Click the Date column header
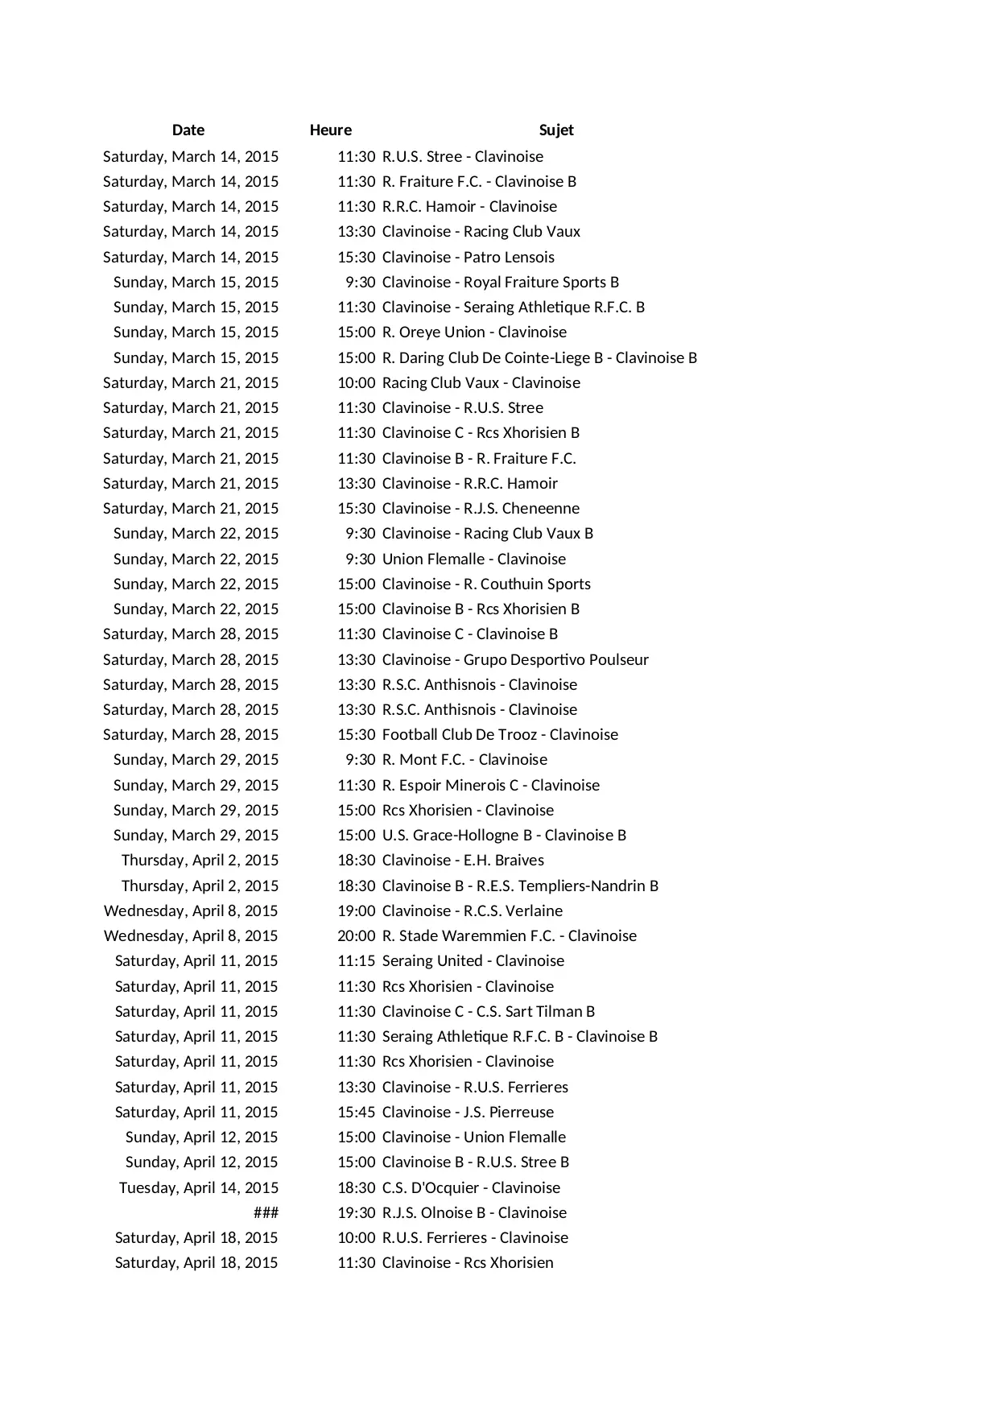click(188, 130)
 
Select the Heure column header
click(330, 130)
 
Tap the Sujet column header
click(556, 130)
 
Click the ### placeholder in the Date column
click(266, 1212)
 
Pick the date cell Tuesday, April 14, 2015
click(199, 1187)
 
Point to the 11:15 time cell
click(356, 960)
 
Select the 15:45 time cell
click(356, 1112)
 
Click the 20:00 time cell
click(356, 935)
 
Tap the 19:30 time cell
click(356, 1212)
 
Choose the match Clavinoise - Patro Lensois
click(468, 257)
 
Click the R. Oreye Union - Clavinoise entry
click(474, 332)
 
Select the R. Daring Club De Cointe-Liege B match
click(539, 357)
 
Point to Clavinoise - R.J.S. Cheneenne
click(481, 508)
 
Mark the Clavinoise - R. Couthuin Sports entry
click(486, 584)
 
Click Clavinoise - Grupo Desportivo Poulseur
click(515, 659)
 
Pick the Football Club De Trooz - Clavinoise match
click(500, 734)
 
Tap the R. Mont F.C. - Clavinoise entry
click(464, 759)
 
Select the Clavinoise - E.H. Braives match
click(463, 860)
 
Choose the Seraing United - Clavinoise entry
click(473, 960)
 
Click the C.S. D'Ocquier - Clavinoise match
click(471, 1187)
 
